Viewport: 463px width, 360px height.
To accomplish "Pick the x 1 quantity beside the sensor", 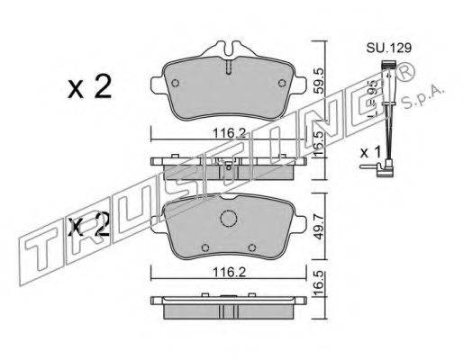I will (x=370, y=152).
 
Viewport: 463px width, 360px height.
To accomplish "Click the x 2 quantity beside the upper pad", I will (x=90, y=87).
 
